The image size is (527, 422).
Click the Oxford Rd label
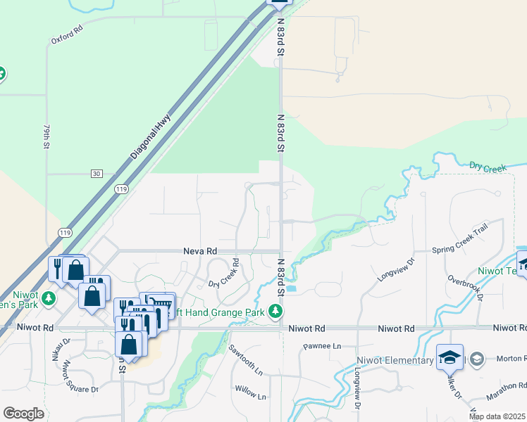[67, 35]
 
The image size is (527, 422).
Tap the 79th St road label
[47, 137]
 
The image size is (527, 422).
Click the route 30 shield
[97, 174]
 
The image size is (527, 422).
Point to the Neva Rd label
[199, 250]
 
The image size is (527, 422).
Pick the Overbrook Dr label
[465, 287]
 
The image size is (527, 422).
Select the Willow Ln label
[251, 392]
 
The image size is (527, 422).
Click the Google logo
[24, 414]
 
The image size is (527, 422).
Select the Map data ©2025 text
[497, 416]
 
